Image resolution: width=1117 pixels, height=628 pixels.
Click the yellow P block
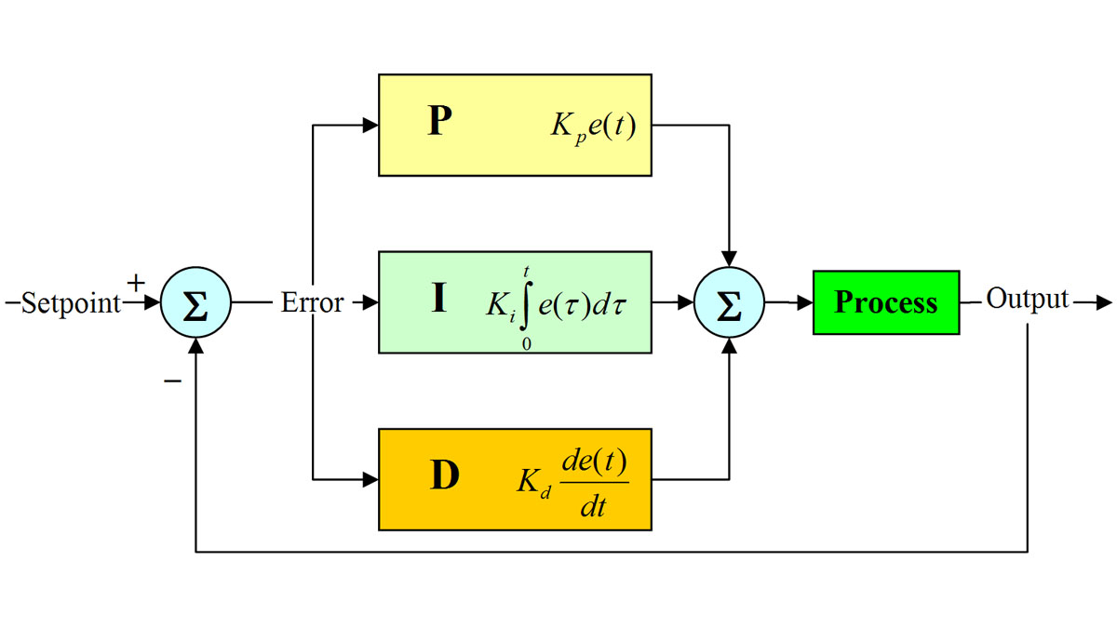point(515,125)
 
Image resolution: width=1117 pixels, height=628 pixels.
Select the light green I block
point(515,302)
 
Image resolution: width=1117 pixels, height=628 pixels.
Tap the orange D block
point(515,479)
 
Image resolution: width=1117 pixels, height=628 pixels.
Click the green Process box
point(885,302)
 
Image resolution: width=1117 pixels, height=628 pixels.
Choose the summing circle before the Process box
point(729,302)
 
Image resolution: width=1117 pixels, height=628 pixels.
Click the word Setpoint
point(71,303)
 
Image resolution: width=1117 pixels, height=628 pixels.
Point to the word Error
point(312,303)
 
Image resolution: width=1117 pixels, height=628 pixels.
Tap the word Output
point(1028,300)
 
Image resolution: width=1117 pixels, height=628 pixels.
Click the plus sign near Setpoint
point(136,281)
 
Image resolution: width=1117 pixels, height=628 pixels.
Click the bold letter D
point(445,476)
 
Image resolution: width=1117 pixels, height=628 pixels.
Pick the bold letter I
point(439,300)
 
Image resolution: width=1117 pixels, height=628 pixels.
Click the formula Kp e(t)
point(593,127)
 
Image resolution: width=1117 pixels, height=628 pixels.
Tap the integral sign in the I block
point(526,303)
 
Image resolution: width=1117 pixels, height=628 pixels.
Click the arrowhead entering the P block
point(370,126)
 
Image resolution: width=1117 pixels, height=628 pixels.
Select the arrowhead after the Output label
point(1104,302)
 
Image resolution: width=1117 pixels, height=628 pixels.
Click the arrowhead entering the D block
point(370,480)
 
